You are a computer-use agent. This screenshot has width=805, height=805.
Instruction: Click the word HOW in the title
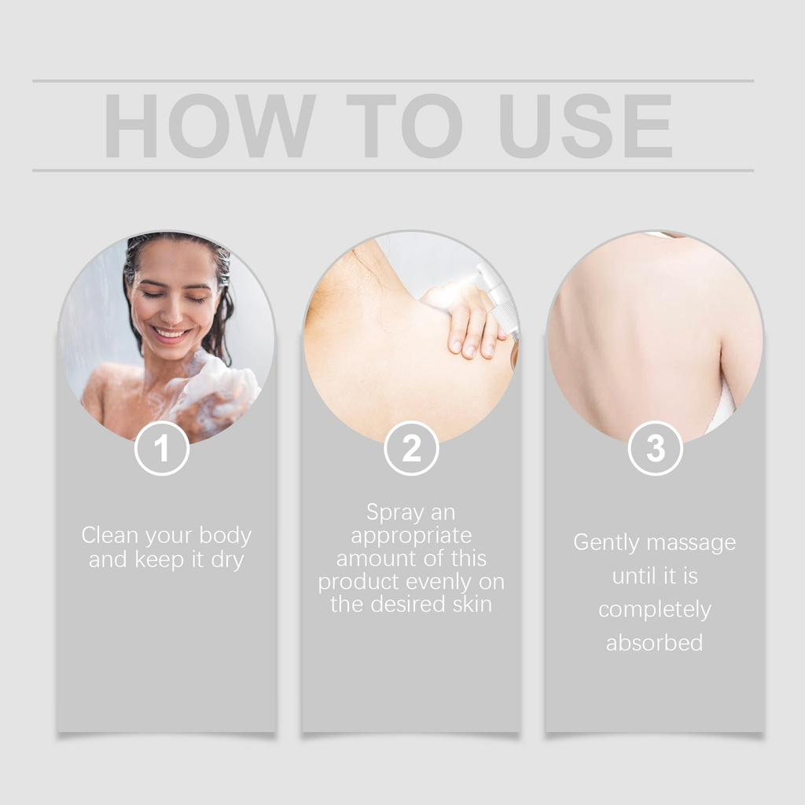pos(209,126)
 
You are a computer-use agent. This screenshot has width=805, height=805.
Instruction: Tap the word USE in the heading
pos(586,126)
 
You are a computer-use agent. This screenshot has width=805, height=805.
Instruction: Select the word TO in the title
pos(405,126)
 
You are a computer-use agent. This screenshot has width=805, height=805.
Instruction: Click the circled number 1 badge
pos(162,448)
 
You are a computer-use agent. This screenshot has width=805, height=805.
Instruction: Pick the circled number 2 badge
pos(411,448)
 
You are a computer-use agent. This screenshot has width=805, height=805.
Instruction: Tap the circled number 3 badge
pos(656,448)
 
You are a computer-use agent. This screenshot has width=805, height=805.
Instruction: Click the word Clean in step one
pos(110,535)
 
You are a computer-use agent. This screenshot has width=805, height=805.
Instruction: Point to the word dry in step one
pos(227,560)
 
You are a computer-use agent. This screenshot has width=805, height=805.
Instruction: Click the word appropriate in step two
pos(411,536)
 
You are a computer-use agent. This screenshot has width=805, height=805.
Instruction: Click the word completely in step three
pos(655,610)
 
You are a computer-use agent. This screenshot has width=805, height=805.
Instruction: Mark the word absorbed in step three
pos(655,643)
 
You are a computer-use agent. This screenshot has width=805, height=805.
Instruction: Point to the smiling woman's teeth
pos(170,333)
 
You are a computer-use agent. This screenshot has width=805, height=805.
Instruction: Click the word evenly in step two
pos(439,583)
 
